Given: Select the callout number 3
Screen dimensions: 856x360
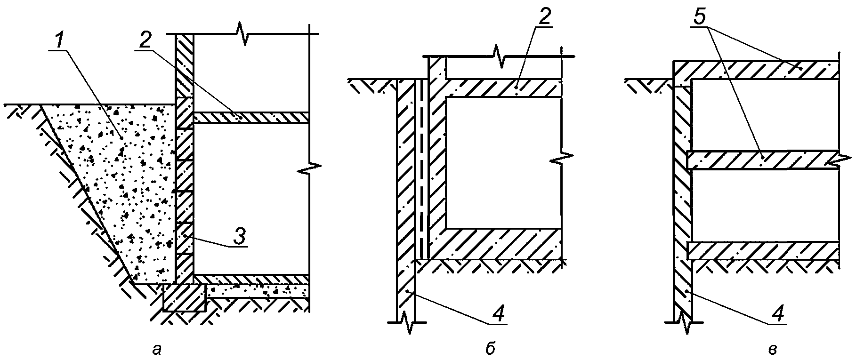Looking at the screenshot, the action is coord(239,237).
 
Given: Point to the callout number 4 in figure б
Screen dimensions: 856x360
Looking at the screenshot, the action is coord(501,315).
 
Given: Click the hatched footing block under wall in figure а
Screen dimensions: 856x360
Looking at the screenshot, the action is coord(185,298).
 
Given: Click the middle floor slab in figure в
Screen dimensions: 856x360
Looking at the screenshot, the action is coord(763,160).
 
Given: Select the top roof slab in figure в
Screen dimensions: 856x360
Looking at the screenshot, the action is coord(756,70).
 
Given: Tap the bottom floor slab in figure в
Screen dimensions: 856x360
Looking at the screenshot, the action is coord(763,250).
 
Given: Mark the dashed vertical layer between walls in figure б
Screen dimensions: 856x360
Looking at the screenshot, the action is coord(421,169).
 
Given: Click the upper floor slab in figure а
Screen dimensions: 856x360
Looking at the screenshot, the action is coord(251,118).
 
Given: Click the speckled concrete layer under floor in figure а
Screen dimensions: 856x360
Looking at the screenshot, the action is coord(258,291).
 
